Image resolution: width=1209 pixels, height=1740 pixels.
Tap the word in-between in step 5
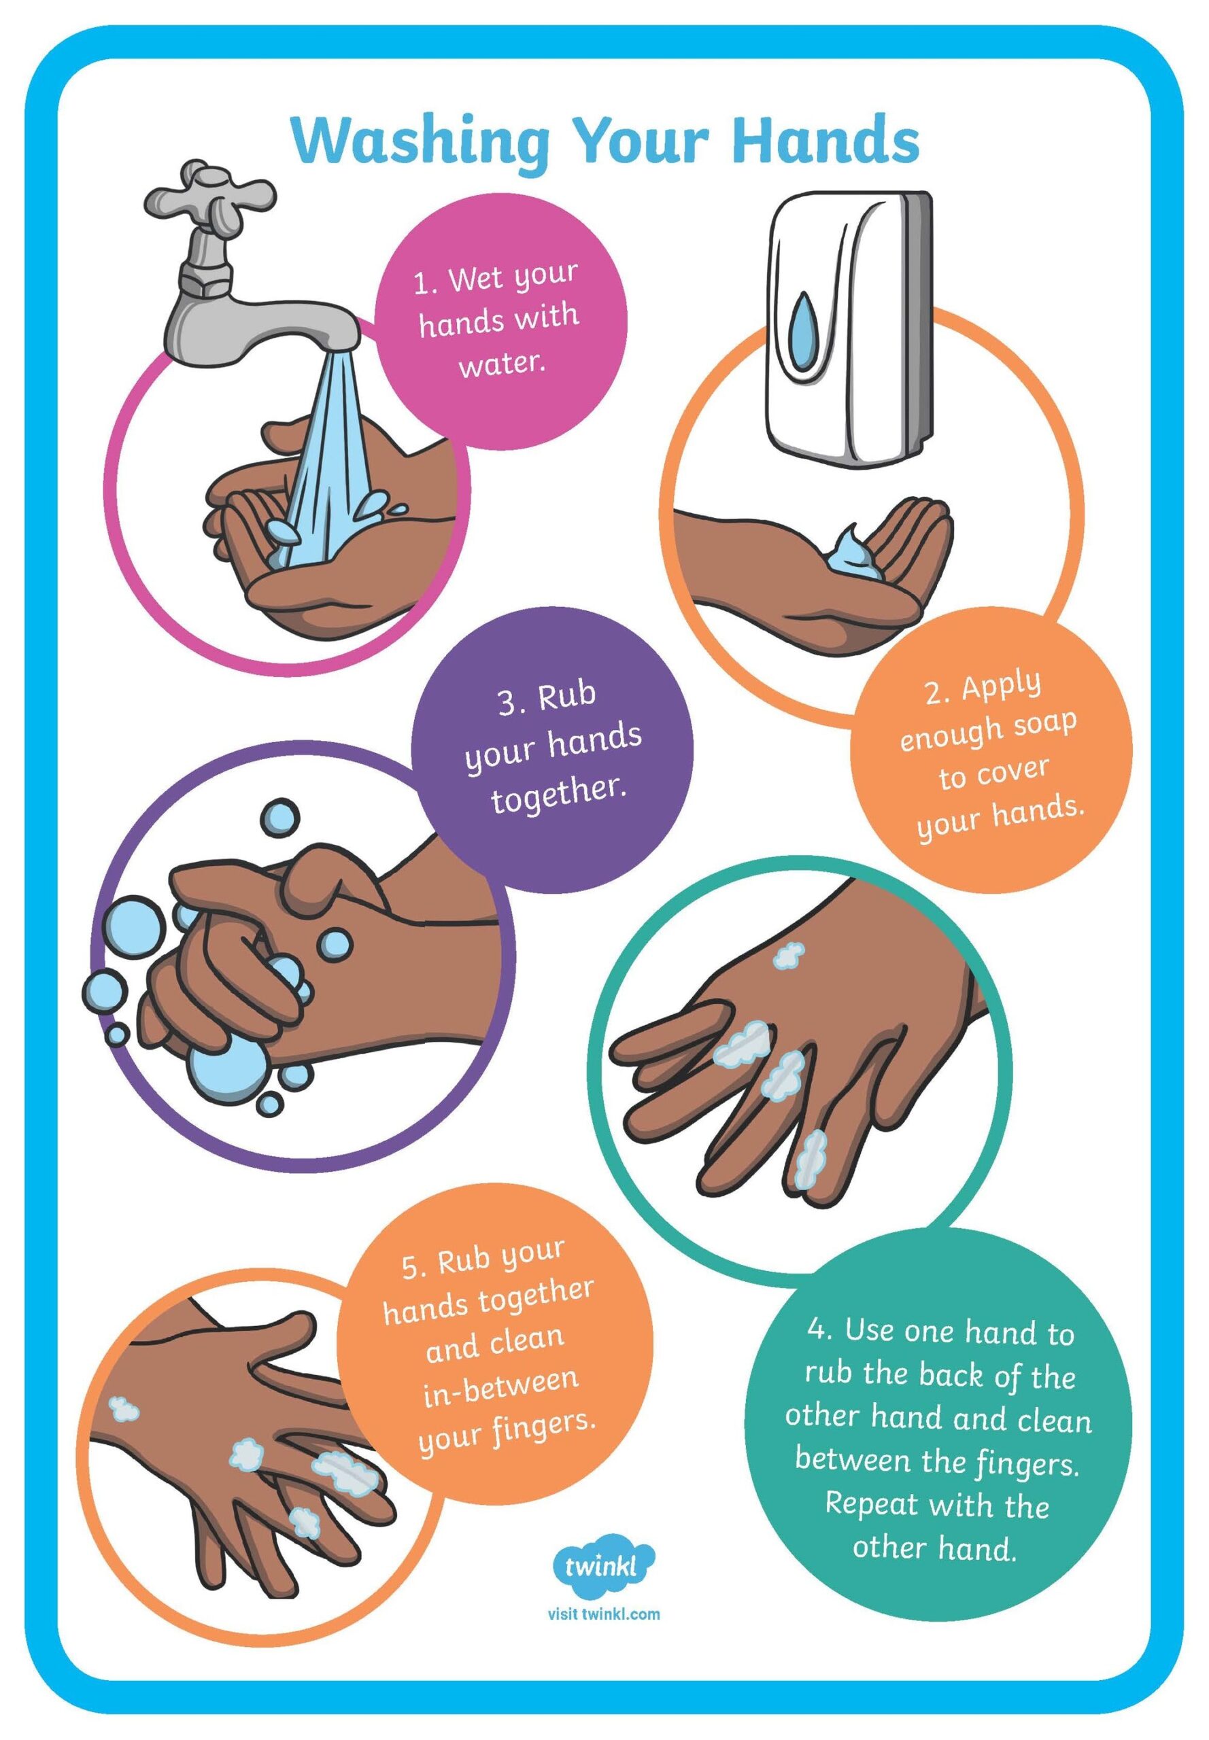pos(501,1420)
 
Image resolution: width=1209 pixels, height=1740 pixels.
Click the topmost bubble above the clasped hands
pos(280,818)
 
